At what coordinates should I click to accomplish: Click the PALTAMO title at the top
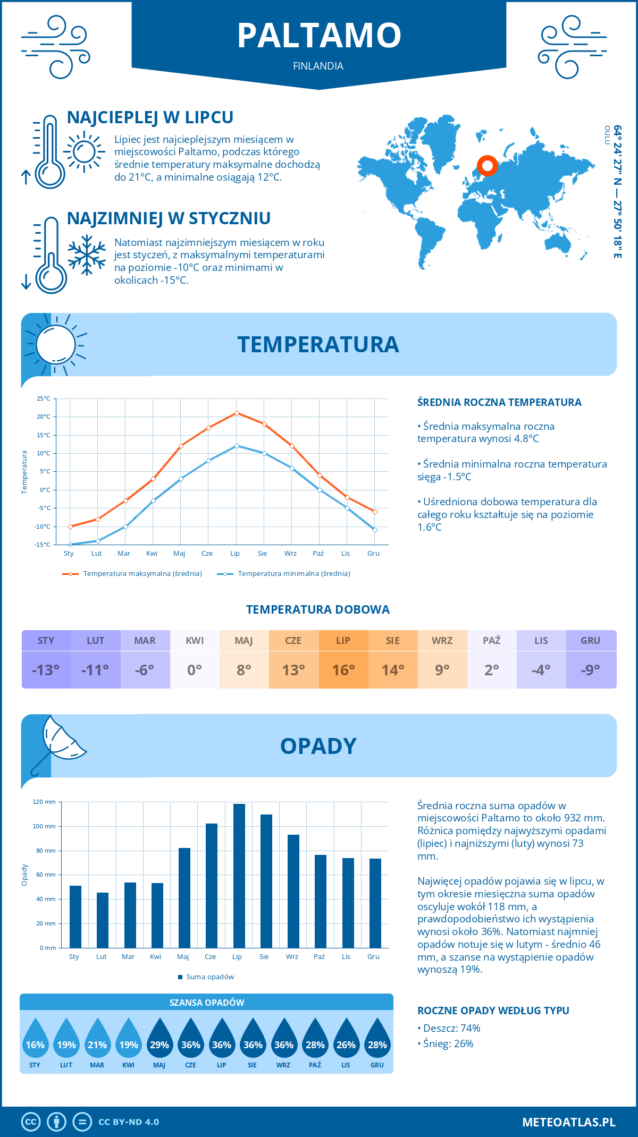pos(319,36)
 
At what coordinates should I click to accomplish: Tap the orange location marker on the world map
pos(487,166)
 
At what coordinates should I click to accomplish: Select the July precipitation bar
pos(239,876)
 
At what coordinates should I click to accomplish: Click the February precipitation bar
pos(103,920)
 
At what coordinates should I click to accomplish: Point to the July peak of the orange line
pos(237,413)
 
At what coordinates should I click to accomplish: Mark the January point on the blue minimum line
pos(70,545)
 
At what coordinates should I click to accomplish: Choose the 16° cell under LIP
pos(343,670)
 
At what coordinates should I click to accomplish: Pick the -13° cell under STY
pos(46,670)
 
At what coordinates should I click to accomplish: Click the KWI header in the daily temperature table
pos(195,641)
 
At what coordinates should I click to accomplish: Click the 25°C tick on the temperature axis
pos(44,398)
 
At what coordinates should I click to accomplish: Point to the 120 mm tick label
pos(44,802)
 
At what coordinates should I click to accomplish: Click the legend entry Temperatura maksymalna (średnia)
pos(142,574)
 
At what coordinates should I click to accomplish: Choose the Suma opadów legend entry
pos(209,977)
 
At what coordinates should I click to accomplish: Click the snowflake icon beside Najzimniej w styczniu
pos(87,255)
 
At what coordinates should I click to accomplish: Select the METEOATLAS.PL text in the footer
pos(568,1122)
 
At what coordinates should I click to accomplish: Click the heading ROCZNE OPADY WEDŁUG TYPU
pos(493,1011)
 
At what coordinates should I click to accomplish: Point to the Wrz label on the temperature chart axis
pos(290,554)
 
